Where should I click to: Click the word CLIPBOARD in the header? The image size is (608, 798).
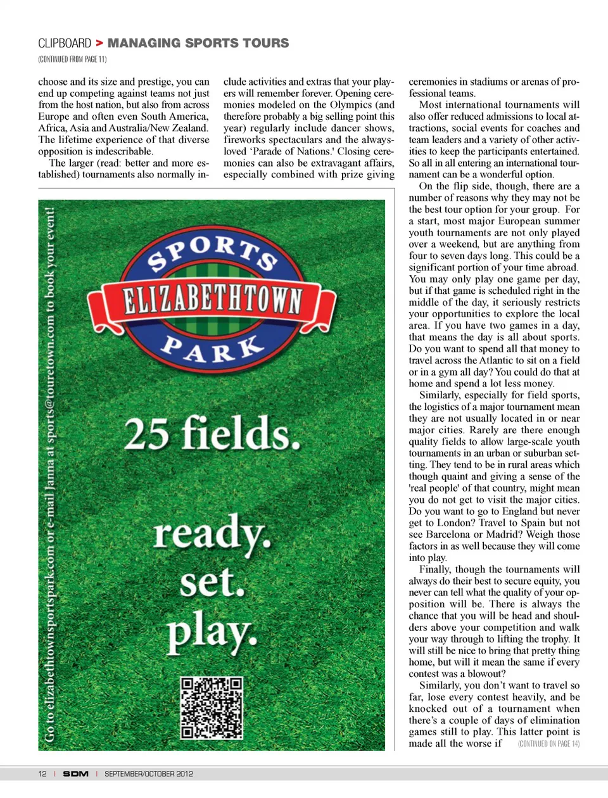65,43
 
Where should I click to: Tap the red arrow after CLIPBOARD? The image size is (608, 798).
99,43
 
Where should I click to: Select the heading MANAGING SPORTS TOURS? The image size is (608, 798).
198,43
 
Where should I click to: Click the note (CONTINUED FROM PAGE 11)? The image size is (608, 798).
72,60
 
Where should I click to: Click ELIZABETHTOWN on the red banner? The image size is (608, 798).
212,299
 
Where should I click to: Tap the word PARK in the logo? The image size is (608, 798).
212,348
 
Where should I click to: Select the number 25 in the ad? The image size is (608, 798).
146,434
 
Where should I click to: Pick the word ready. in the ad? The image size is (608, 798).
212,534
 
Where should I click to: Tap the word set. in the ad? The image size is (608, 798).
212,581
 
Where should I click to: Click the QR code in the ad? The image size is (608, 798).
212,708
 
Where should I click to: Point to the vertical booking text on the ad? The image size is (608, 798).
50,475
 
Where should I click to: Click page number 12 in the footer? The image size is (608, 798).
42,774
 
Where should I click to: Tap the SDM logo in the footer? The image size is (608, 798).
75,774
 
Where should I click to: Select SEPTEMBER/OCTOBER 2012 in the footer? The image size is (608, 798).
149,774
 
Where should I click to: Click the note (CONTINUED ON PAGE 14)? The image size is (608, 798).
548,744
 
